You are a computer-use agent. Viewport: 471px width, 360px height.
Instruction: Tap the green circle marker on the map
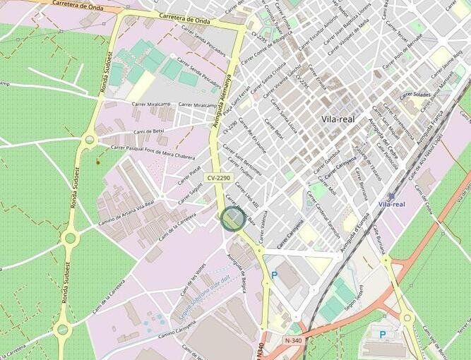click(232, 218)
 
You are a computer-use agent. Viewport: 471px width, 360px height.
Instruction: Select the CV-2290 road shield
click(220, 177)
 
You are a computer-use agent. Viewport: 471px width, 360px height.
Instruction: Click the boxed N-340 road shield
click(293, 340)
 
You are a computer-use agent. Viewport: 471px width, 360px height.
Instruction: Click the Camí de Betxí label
click(148, 131)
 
